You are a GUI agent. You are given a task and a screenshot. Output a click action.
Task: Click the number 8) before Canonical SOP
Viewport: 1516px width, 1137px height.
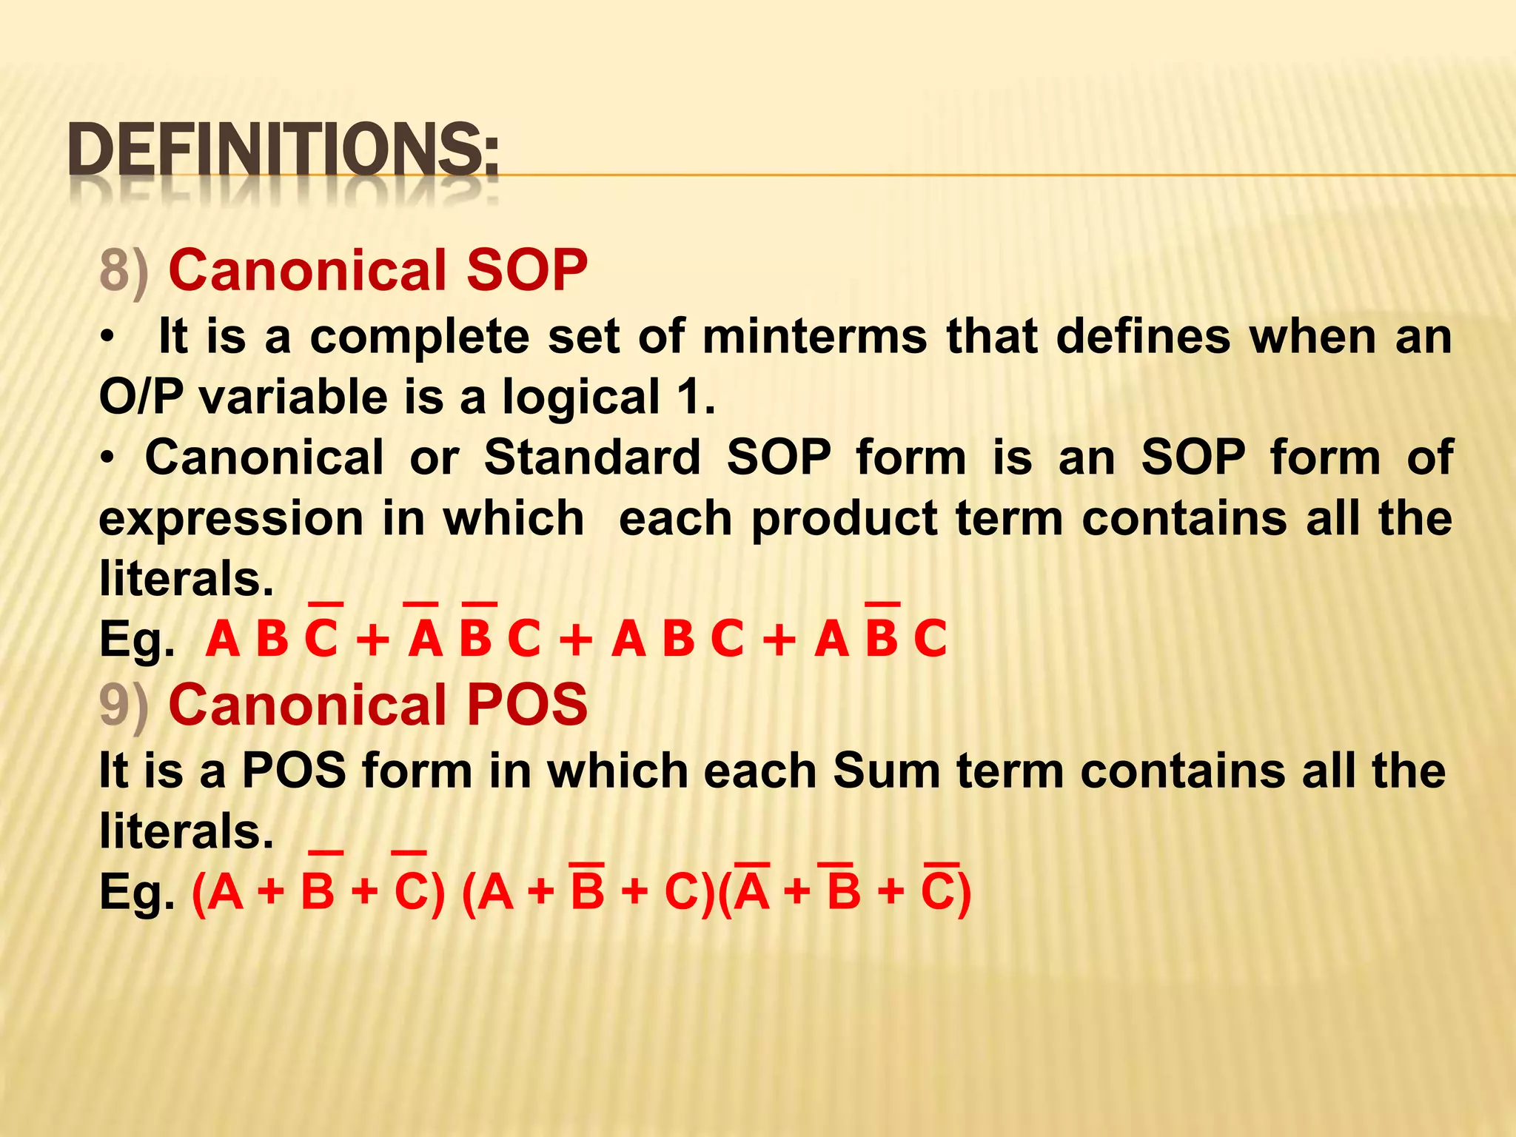click(124, 271)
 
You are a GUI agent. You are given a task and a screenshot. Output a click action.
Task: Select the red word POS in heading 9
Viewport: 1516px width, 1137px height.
click(526, 704)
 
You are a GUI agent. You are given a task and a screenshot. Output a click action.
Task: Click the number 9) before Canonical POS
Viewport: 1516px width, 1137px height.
click(124, 705)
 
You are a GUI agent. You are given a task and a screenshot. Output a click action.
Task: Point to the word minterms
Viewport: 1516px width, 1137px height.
click(814, 337)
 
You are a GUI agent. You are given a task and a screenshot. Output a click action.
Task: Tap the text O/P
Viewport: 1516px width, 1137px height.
click(141, 397)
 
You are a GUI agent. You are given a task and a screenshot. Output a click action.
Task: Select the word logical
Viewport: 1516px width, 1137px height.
click(581, 398)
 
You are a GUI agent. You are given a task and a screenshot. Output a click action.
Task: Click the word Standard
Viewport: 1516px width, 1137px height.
click(592, 457)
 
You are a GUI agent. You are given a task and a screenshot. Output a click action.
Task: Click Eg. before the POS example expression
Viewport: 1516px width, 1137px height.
click(137, 893)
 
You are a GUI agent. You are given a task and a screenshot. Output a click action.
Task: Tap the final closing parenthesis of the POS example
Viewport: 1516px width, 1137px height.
click(963, 893)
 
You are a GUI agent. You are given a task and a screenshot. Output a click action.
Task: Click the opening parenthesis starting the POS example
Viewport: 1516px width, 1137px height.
click(198, 893)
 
